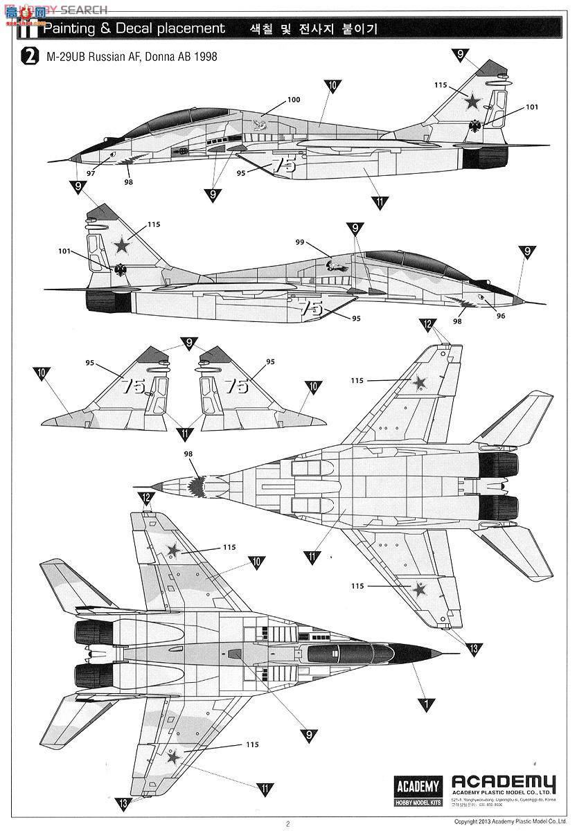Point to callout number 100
(x=294, y=100)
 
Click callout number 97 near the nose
(x=91, y=173)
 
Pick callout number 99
(x=299, y=242)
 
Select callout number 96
(x=500, y=316)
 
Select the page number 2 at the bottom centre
(x=287, y=823)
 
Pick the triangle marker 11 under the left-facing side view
(x=379, y=202)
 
